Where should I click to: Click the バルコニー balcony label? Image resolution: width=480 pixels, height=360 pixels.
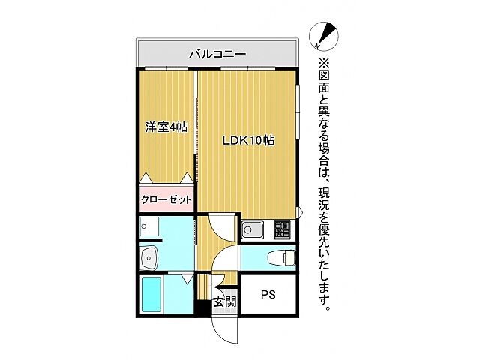click(217, 54)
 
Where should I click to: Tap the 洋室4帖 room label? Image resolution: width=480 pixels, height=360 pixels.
click(166, 127)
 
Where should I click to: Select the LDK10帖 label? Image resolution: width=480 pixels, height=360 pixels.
click(247, 140)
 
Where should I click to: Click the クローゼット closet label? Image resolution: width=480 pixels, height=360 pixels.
click(166, 200)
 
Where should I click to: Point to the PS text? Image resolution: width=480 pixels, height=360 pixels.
click(268, 295)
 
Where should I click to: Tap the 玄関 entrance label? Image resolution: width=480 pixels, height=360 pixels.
click(224, 302)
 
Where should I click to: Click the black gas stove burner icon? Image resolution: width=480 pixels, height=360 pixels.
click(283, 226)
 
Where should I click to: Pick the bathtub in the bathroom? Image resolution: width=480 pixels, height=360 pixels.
click(154, 295)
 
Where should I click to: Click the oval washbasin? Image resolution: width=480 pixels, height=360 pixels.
click(150, 256)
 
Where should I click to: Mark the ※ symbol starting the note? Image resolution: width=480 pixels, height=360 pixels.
click(324, 63)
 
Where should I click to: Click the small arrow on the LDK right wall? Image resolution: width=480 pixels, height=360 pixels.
click(299, 214)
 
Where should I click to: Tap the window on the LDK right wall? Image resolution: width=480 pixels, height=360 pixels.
click(298, 112)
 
